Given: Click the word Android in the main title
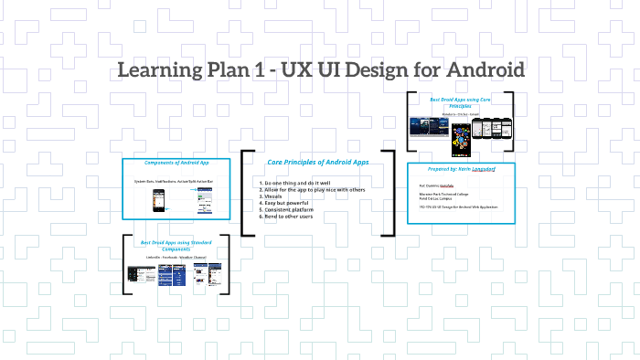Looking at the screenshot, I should pyautogui.click(x=482, y=69).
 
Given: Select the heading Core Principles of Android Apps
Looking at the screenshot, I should pyautogui.click(x=317, y=162).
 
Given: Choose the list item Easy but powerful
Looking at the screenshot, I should pyautogui.click(x=286, y=203).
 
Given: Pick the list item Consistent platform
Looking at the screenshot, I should pyautogui.click(x=291, y=209).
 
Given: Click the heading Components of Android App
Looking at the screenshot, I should pyautogui.click(x=178, y=163).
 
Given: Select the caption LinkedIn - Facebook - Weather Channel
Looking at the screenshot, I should pyautogui.click(x=177, y=258).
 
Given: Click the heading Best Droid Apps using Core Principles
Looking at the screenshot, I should pyautogui.click(x=460, y=101).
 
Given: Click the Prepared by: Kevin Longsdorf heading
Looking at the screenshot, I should pyautogui.click(x=461, y=169).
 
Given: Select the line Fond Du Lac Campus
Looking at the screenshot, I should pyautogui.click(x=437, y=198).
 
